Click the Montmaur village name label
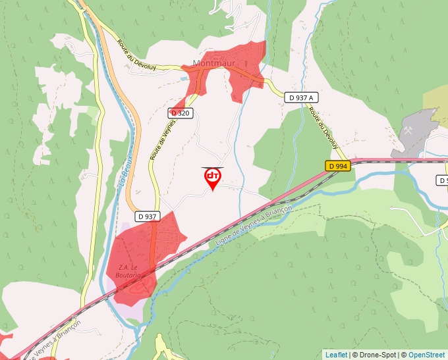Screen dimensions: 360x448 pos(214,63)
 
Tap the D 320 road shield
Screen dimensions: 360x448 pos(180,113)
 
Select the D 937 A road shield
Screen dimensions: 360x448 pos(301,97)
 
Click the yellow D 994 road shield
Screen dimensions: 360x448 pos(337,166)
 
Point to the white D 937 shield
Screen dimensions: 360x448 pos(148,216)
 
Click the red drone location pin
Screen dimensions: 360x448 pos(213,178)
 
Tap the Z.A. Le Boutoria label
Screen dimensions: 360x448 pos(128,271)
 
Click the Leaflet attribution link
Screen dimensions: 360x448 pos(336,355)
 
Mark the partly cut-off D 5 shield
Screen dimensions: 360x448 pos(443,180)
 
